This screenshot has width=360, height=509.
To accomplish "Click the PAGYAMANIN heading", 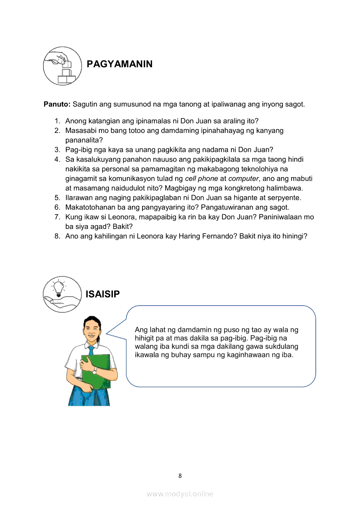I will coord(119,64).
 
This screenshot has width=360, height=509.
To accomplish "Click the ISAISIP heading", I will coord(102,294).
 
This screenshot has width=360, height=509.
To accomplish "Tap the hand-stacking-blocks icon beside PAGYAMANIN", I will coord(62,66).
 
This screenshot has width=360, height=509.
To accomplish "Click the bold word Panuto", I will coord(57,104).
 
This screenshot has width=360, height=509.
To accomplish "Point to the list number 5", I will coord(57,198).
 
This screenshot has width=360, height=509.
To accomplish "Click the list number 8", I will coord(57,236).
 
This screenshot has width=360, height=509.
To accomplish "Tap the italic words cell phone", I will coord(201,179).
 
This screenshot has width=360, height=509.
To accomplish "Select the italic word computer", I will coord(243,179).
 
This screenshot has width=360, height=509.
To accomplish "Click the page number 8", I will coord(180,475).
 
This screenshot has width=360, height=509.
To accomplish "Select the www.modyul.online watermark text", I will coord(180,494).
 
